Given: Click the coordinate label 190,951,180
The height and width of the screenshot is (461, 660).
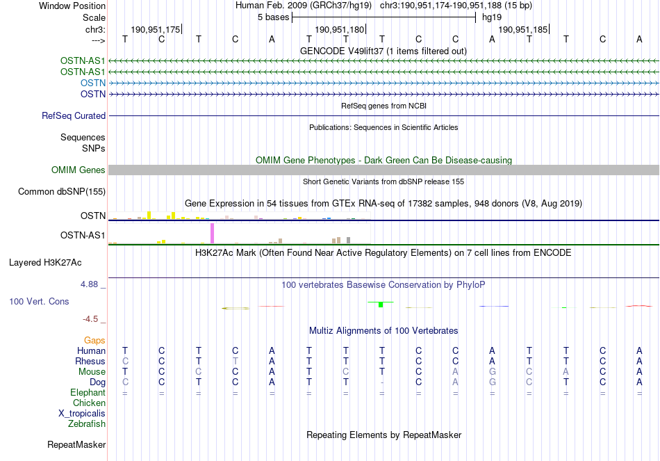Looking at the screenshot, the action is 339,29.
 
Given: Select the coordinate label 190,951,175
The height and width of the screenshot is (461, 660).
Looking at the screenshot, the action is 156,29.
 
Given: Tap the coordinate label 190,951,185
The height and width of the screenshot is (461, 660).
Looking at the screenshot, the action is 522,29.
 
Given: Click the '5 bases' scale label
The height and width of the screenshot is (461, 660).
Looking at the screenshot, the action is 274,17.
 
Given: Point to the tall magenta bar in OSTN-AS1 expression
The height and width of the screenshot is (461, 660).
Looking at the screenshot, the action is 212,233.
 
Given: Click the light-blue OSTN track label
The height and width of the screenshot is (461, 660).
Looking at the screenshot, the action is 93,83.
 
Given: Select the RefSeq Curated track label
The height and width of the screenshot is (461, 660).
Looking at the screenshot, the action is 74,115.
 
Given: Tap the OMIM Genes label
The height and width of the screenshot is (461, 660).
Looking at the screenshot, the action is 79,170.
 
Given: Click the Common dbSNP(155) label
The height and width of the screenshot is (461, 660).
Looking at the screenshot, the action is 62,192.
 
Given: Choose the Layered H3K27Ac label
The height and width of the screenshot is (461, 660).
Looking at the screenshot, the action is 45,263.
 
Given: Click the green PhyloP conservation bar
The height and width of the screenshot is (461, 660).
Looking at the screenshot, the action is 381,305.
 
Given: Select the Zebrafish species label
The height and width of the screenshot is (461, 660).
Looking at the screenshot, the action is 87,424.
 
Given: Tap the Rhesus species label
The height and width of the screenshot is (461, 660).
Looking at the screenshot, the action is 90,361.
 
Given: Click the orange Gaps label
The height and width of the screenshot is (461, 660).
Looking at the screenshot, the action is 94,340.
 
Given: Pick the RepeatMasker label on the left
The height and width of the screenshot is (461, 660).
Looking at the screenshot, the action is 76,444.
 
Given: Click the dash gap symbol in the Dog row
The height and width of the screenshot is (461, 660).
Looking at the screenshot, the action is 382,382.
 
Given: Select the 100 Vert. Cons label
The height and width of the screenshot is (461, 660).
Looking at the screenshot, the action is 39,301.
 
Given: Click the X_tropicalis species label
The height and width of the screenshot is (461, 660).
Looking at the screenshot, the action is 82,414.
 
